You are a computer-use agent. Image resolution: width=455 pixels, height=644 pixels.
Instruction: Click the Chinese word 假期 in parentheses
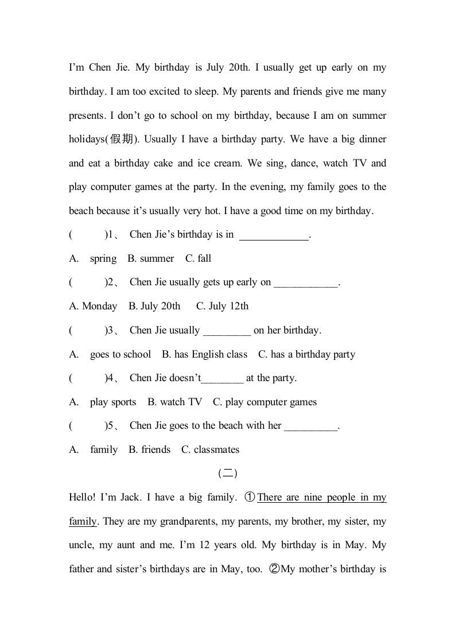[x=120, y=139]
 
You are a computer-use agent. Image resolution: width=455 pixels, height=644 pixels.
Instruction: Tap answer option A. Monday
[x=93, y=307]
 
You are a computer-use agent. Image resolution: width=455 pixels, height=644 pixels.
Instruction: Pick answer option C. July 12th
[x=222, y=307]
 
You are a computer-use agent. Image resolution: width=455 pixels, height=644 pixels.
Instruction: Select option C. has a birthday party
[x=306, y=355]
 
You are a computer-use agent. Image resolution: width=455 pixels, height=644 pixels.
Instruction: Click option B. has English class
[x=204, y=355]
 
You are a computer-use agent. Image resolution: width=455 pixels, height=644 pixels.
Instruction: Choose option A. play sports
[x=112, y=402]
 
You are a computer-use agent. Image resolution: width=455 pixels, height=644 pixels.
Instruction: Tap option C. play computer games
[x=265, y=402]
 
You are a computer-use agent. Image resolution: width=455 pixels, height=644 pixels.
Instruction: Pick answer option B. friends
[x=149, y=450]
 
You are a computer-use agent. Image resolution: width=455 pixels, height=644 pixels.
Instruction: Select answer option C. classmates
[x=210, y=450]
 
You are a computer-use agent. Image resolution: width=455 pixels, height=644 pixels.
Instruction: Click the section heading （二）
[x=228, y=474]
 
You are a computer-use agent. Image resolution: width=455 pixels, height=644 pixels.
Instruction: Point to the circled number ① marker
[x=250, y=498]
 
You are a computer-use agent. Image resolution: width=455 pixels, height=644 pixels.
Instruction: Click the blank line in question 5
[x=311, y=426]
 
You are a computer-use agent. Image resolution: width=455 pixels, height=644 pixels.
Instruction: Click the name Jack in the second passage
[x=128, y=498]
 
